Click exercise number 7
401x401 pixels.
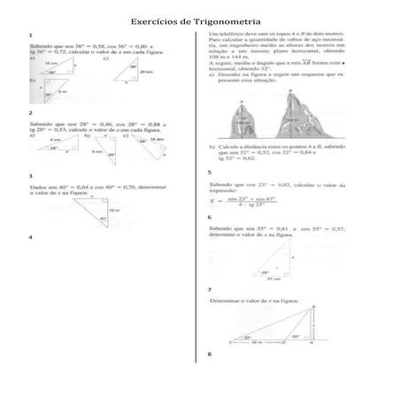pyautogui.click(x=210, y=289)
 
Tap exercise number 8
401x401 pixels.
pyautogui.click(x=210, y=355)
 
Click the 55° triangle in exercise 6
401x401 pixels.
pyautogui.click(x=274, y=259)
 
